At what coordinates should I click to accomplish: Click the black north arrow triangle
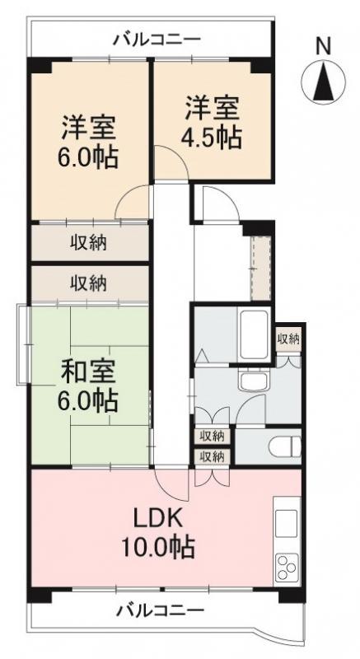[325, 82]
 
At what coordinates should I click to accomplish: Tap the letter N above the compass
[325, 46]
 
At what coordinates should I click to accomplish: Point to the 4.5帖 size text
[213, 136]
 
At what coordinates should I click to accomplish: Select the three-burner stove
[285, 568]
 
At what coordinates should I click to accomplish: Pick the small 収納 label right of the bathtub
[288, 338]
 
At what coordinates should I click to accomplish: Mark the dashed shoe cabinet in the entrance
[261, 267]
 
